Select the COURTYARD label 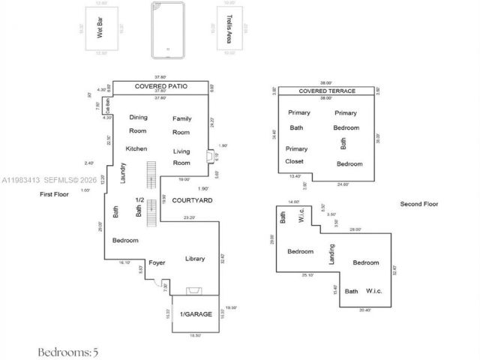click(x=192, y=201)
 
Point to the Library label click(x=195, y=259)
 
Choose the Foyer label click(x=157, y=262)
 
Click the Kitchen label click(x=136, y=148)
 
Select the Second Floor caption click(x=418, y=204)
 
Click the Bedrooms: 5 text click(x=68, y=350)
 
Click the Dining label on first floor click(x=139, y=118)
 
